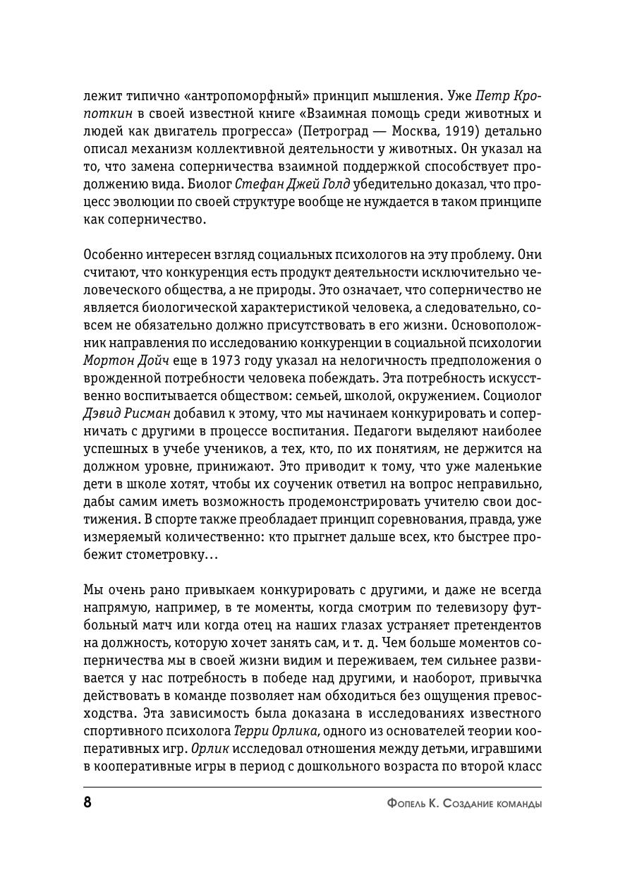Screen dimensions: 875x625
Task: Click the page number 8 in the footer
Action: coord(88,803)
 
